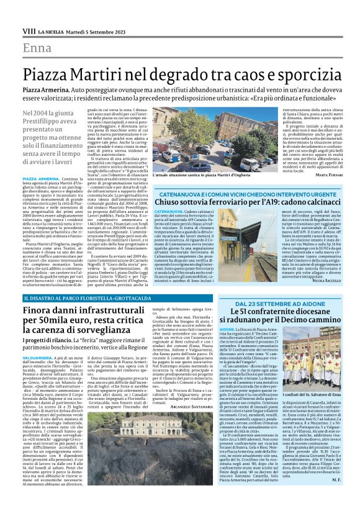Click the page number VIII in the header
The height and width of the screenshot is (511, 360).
[x=28, y=30]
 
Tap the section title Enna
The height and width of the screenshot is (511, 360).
[x=37, y=48]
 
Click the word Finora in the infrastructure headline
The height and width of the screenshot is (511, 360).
[x=40, y=310]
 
